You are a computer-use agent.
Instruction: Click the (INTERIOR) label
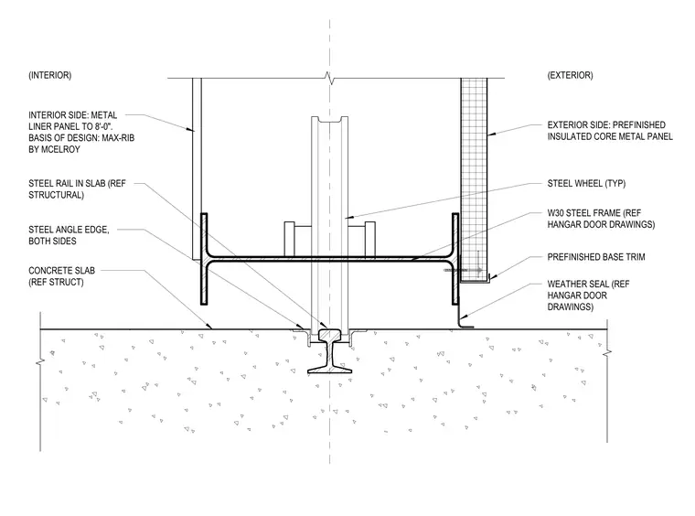[49, 75]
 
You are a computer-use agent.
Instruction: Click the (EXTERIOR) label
[570, 75]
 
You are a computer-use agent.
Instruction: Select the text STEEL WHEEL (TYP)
[586, 184]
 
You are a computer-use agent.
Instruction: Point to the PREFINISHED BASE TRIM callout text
[596, 257]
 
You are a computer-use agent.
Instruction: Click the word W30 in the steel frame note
[556, 213]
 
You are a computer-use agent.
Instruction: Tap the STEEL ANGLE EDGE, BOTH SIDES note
[69, 235]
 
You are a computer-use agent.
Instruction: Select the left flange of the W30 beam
[204, 259]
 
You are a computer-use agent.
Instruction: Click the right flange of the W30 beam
[455, 259]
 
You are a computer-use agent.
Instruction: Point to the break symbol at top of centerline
[329, 79]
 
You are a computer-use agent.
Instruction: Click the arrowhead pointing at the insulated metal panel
[490, 133]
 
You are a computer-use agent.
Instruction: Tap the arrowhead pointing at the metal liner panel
[190, 129]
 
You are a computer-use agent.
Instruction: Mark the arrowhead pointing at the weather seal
[462, 317]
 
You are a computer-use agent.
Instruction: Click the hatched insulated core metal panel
[474, 179]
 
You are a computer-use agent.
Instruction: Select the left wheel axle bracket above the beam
[289, 239]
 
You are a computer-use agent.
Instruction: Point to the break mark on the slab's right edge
[607, 353]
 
